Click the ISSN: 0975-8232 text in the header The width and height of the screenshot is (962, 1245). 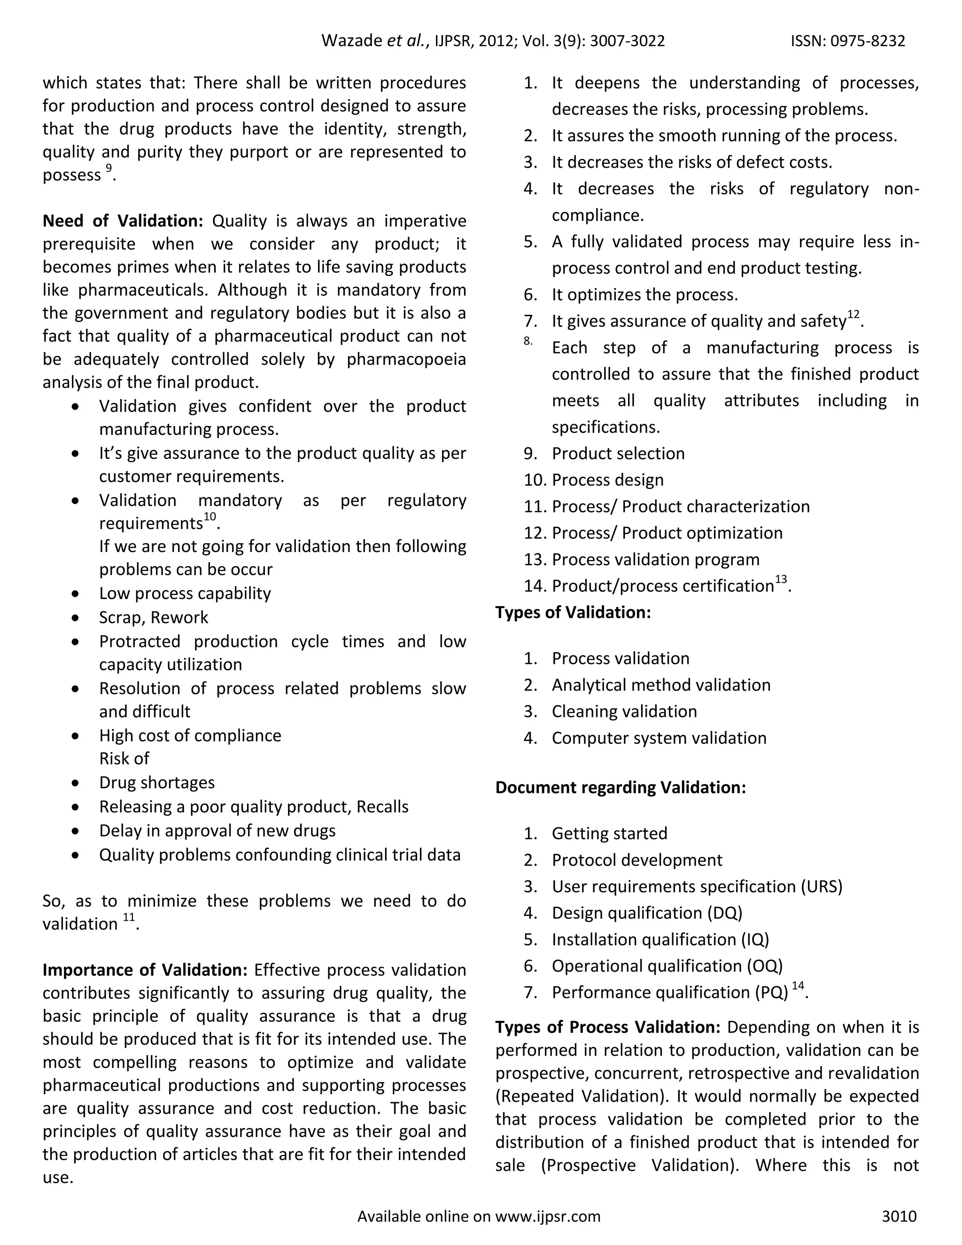pos(847,41)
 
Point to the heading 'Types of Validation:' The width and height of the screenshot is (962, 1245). pos(573,612)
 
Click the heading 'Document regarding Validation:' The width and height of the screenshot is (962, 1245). pos(620,787)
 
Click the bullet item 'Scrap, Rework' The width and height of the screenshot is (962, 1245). pos(153,617)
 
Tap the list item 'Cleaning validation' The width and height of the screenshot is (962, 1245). pos(624,711)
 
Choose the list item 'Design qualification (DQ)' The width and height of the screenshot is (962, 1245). pos(647,913)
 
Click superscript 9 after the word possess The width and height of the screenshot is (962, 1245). pos(109,168)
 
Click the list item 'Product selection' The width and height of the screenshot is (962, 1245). pos(618,453)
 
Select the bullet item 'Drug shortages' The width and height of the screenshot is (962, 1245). pos(157,782)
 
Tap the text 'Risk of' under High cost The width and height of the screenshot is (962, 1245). pos(124,758)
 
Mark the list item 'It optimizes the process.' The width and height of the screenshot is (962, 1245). pos(644,295)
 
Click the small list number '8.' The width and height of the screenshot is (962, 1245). pos(528,341)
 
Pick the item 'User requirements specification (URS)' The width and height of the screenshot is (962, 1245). pos(697,887)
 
